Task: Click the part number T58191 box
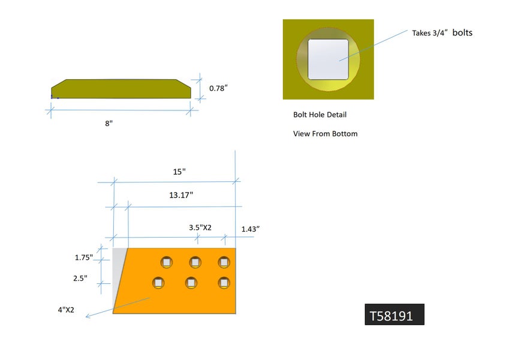(394, 315)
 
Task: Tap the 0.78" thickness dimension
(218, 88)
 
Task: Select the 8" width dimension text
(109, 123)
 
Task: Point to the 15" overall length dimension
(179, 172)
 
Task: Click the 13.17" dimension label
(180, 195)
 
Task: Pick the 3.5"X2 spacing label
(200, 228)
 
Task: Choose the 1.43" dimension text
(250, 229)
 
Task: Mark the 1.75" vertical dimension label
(83, 257)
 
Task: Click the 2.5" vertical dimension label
(81, 278)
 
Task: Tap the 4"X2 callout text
(65, 310)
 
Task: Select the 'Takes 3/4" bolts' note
(442, 33)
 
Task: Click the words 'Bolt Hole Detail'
(320, 115)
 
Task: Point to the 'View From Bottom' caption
(325, 134)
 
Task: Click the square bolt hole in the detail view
(328, 59)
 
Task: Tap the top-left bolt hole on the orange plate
(166, 262)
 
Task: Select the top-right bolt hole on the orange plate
(224, 262)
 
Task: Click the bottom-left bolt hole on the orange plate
(158, 282)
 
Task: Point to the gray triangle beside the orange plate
(118, 267)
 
